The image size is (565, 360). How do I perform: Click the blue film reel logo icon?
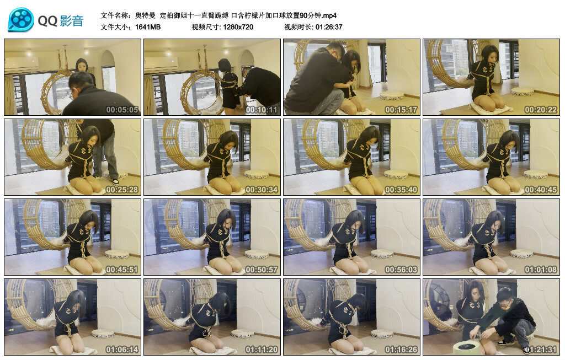click(x=20, y=20)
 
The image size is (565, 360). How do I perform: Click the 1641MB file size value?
click(x=148, y=27)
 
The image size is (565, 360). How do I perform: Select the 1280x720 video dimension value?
click(x=238, y=27)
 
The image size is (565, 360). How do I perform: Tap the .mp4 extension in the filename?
click(x=329, y=15)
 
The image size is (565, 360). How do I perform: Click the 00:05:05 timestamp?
click(x=122, y=110)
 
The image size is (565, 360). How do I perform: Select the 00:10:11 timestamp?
click(x=262, y=110)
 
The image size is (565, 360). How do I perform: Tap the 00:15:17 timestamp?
click(x=401, y=110)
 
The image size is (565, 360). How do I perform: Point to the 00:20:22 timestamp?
click(x=541, y=110)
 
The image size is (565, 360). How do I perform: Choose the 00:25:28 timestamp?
click(x=122, y=189)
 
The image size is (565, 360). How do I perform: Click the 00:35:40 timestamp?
click(x=401, y=189)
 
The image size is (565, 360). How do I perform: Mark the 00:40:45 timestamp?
click(x=541, y=189)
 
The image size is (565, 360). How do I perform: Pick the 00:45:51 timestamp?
click(x=122, y=269)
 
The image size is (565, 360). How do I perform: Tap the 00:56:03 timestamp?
click(x=401, y=269)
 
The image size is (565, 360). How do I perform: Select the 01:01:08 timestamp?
click(x=541, y=269)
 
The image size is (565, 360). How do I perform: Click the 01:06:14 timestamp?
click(x=122, y=349)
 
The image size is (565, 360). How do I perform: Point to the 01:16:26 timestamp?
click(x=401, y=349)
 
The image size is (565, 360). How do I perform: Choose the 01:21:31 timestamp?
click(x=541, y=349)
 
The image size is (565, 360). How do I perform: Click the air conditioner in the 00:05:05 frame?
click(x=22, y=65)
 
